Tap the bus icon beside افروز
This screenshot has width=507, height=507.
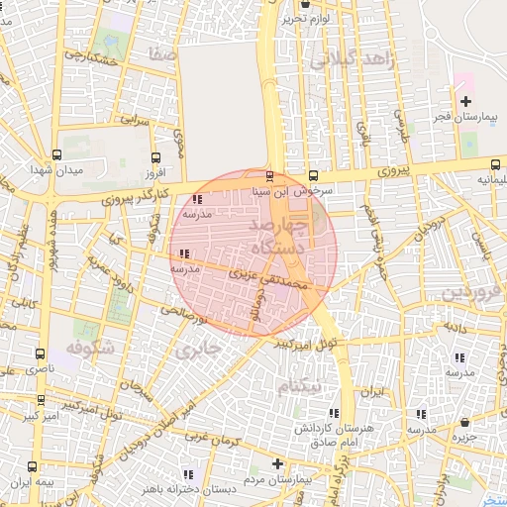[x=154, y=157]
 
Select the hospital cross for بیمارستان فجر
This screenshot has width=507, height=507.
[x=465, y=102]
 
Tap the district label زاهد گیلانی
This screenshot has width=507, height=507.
[x=352, y=60]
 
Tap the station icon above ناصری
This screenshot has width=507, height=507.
[x=41, y=354]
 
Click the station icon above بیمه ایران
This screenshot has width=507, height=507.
[x=33, y=466]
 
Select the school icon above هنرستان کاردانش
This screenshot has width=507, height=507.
[x=333, y=412]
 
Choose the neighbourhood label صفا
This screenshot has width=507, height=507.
[x=161, y=52]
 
